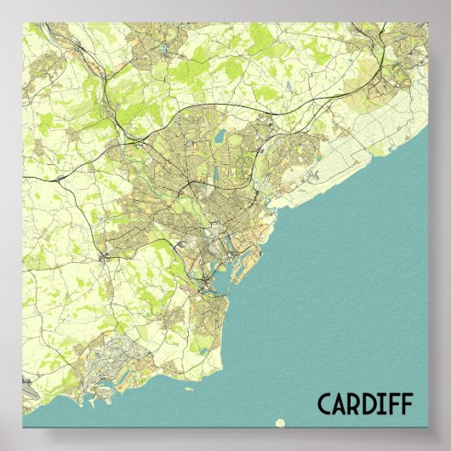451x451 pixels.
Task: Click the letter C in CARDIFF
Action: click(x=326, y=404)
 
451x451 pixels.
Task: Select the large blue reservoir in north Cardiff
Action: click(x=220, y=136)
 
